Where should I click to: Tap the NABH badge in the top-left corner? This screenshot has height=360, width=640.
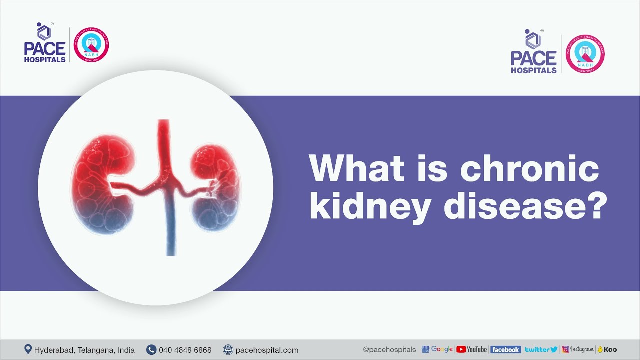91,45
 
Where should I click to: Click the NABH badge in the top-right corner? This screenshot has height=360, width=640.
585,55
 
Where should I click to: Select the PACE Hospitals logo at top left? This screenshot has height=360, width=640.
44,43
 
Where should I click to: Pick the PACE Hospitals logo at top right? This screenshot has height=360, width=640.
533,53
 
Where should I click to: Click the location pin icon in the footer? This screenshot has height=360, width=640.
28,349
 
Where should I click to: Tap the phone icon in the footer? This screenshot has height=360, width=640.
151,350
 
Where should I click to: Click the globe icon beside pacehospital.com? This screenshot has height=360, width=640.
228,350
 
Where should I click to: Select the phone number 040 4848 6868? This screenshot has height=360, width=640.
185,350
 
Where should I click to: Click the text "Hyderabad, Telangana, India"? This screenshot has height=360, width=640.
84,350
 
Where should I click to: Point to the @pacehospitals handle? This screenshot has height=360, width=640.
389,350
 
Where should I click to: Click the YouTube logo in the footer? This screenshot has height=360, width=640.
471,350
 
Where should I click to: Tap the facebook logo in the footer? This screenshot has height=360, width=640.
505,350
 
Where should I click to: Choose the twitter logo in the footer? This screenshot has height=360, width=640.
541,350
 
